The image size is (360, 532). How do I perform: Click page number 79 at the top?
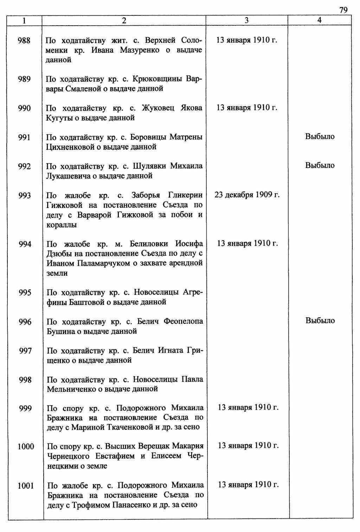pyautogui.click(x=343, y=10)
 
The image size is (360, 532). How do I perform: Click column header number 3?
pyautogui.click(x=246, y=20)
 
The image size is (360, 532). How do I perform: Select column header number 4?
pyautogui.click(x=319, y=20)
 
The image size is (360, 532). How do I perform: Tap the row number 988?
pyautogui.click(x=24, y=40)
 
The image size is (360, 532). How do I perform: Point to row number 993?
pyautogui.click(x=25, y=195)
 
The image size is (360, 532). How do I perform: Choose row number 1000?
pyautogui.click(x=26, y=447)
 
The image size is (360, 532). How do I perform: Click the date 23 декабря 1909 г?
pyautogui.click(x=247, y=195)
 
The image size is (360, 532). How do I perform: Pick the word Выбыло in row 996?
pyautogui.click(x=320, y=320)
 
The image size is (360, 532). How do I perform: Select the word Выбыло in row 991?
pyautogui.click(x=320, y=136)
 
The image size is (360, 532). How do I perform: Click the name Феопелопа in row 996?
pyautogui.click(x=183, y=321)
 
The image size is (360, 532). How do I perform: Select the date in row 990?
pyautogui.click(x=247, y=108)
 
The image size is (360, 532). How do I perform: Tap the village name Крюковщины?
pyautogui.click(x=159, y=79)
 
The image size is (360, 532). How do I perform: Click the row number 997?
pyautogui.click(x=25, y=351)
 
